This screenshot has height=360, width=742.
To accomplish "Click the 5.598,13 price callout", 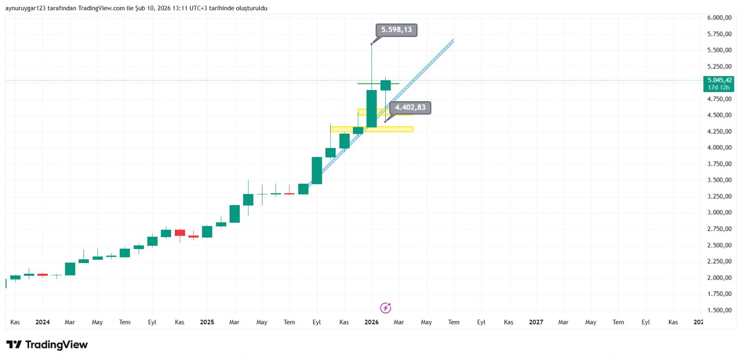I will click(396, 30).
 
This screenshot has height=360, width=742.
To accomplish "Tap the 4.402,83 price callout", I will click(410, 108).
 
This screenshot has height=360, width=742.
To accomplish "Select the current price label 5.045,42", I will click(719, 80).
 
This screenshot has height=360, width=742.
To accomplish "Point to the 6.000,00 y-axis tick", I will click(719, 18).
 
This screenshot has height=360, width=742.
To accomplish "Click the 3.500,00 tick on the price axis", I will click(719, 180).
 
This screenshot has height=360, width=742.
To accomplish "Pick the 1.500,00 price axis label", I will click(719, 310).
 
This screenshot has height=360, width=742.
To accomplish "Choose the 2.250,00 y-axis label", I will click(719, 261).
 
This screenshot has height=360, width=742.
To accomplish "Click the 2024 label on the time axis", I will click(42, 322).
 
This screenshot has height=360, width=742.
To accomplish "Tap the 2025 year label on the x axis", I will click(207, 322).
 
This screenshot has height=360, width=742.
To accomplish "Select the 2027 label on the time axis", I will click(536, 322).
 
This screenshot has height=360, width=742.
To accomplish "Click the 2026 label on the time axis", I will click(371, 322).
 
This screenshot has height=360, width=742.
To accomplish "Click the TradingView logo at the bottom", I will click(47, 345).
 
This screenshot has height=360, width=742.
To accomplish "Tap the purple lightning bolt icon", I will click(385, 308).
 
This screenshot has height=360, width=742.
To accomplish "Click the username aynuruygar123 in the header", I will click(26, 8).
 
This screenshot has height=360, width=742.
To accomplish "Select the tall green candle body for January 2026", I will click(371, 109).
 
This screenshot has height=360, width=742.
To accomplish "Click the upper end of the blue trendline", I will click(452, 40).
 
